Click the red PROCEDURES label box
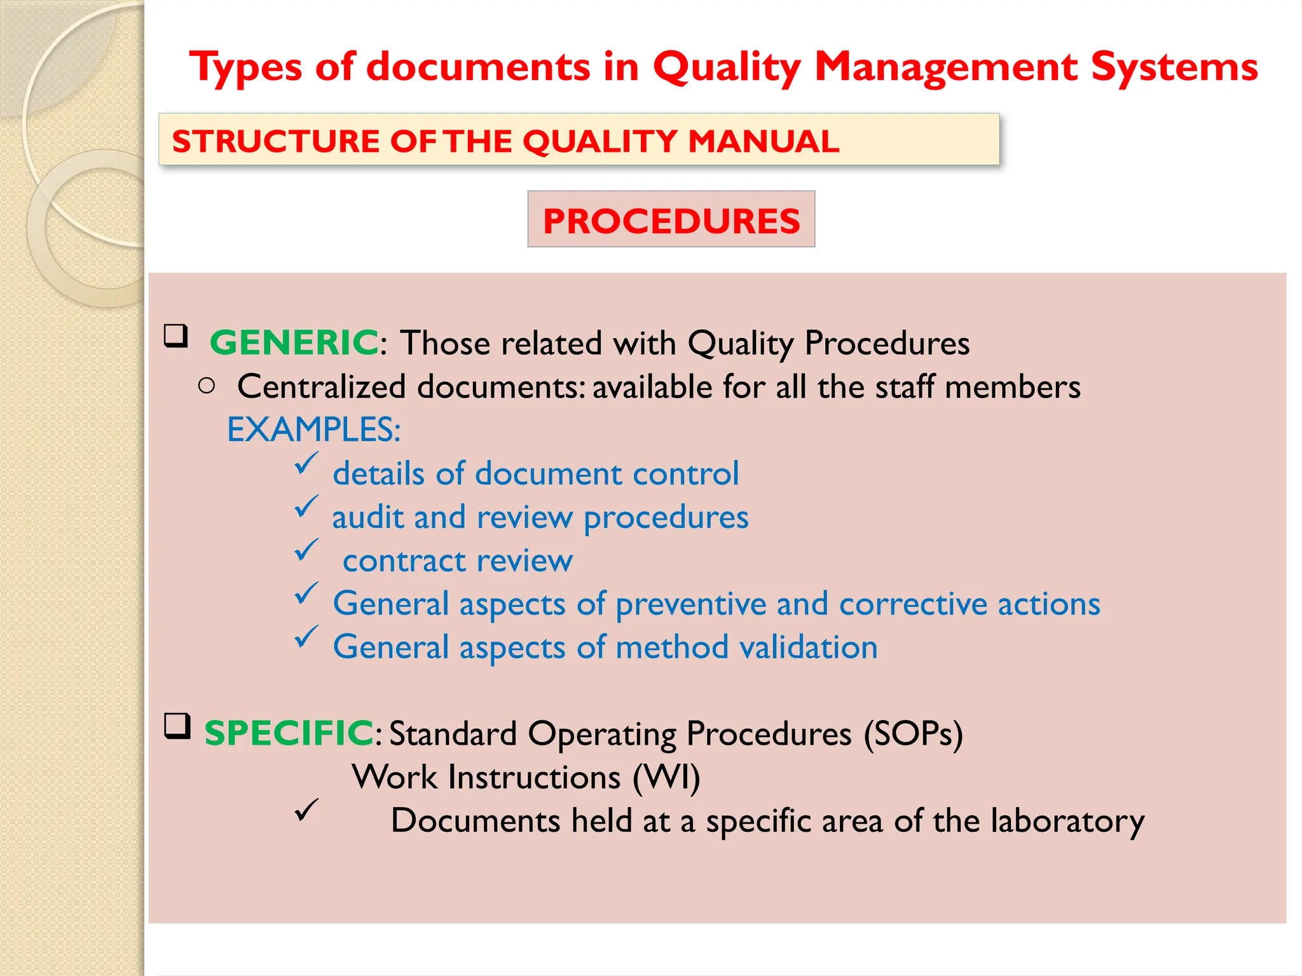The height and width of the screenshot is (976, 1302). click(x=671, y=220)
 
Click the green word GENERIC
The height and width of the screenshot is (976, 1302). click(x=294, y=342)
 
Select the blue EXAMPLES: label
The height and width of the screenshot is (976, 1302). click(x=313, y=430)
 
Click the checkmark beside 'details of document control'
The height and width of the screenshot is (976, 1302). click(x=306, y=463)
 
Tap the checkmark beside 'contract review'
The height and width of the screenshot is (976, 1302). click(x=306, y=550)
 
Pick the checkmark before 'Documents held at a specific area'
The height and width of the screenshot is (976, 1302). click(x=306, y=810)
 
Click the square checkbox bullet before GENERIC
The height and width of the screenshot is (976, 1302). click(x=176, y=335)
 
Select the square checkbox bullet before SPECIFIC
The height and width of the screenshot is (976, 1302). click(x=177, y=726)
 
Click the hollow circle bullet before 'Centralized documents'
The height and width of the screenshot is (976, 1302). click(x=207, y=386)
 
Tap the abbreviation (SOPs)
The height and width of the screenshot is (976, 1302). click(x=913, y=734)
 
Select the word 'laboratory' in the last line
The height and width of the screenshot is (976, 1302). click(x=1067, y=821)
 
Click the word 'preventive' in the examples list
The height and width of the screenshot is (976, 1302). click(x=690, y=604)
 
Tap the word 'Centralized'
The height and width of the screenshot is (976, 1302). click(x=321, y=386)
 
